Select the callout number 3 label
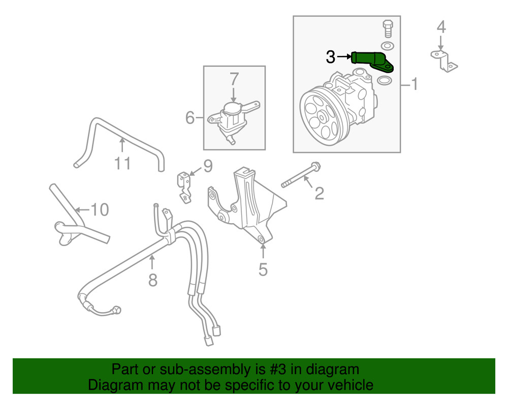[330, 57]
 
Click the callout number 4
[441, 26]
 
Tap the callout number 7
[234, 79]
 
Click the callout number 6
[190, 118]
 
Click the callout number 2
[319, 193]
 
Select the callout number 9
[207, 166]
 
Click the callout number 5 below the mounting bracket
[263, 269]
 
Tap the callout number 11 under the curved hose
[122, 163]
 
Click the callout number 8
[153, 279]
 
